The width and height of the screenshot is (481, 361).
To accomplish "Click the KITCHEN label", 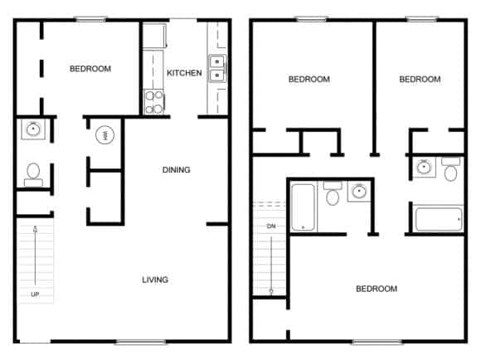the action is click(x=184, y=73).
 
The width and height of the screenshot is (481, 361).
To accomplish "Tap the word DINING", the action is click(x=176, y=170).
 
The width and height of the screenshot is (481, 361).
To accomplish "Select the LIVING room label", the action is click(x=155, y=280).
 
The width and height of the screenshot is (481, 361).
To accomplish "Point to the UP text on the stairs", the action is click(x=35, y=295).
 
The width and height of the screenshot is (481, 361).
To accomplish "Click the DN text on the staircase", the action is click(x=271, y=227).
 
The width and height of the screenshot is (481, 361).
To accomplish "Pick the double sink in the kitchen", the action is click(x=217, y=68).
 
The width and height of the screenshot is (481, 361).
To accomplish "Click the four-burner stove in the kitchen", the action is click(x=154, y=101).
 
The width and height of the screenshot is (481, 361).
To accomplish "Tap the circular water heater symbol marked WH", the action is click(x=105, y=135).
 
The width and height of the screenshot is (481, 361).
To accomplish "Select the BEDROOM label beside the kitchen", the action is click(x=90, y=69).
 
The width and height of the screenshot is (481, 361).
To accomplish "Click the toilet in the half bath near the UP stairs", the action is click(x=33, y=174).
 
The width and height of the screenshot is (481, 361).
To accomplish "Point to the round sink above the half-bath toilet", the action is click(x=33, y=129).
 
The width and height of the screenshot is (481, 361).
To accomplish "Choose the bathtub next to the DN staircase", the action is click(x=303, y=207).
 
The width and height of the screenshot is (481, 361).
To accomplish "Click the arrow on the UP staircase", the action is click(x=36, y=256).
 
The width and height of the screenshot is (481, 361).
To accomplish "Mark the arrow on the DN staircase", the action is click(x=271, y=265).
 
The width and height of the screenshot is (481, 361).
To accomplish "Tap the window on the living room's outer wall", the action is click(x=140, y=342).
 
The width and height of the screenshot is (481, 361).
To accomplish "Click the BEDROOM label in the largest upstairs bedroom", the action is click(x=377, y=289).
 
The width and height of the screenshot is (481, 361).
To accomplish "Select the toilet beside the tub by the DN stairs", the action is click(x=333, y=193).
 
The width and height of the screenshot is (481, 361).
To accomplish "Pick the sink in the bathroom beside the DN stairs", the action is click(x=359, y=192).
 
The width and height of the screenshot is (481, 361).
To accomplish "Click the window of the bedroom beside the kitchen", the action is click(x=91, y=19).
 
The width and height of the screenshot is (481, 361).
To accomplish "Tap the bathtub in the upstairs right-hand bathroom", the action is click(x=439, y=219).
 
